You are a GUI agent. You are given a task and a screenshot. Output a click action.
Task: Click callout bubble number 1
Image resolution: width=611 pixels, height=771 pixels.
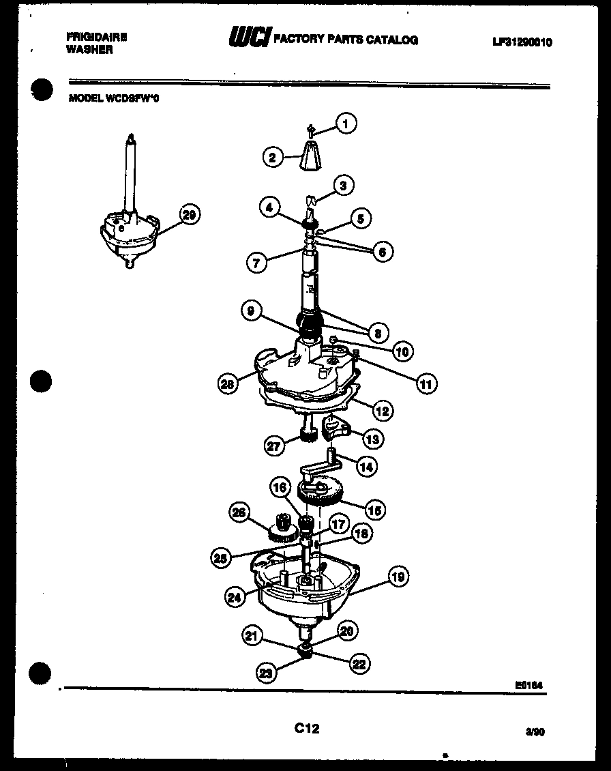click(x=346, y=123)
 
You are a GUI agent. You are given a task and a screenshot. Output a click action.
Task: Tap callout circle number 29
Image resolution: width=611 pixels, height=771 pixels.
click(x=189, y=215)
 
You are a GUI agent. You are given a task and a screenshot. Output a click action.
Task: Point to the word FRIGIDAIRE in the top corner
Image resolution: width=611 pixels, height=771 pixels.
click(x=98, y=38)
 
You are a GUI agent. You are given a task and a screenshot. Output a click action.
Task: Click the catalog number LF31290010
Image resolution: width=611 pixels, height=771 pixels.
click(x=522, y=42)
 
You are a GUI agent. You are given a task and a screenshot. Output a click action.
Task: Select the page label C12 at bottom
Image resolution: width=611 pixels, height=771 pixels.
click(x=307, y=729)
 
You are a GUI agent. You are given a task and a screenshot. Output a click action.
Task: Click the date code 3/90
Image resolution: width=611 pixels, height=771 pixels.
click(x=535, y=731)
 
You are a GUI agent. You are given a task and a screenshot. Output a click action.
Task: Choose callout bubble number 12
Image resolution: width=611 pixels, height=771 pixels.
click(x=382, y=411)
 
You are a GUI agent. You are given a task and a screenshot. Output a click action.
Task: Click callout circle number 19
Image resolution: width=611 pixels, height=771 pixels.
click(x=398, y=577)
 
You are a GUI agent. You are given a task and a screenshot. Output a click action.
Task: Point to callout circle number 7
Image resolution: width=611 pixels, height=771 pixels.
click(x=257, y=262)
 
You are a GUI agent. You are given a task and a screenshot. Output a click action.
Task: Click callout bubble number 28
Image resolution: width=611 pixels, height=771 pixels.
click(x=228, y=384)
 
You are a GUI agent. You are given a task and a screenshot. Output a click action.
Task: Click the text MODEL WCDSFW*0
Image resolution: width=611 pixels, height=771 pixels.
click(x=115, y=98)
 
